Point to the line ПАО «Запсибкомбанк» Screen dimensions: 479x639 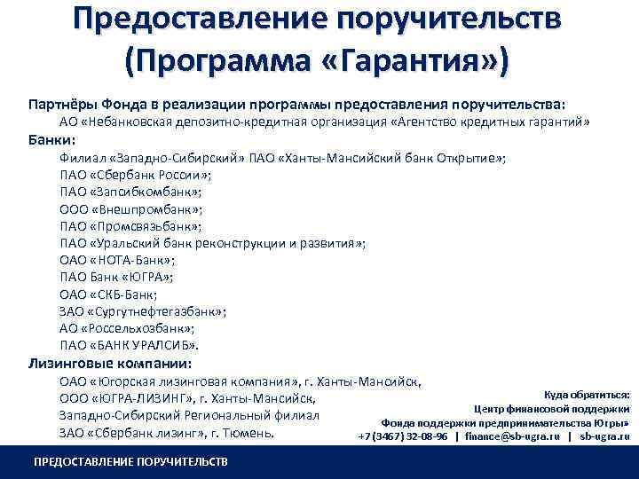(x=130, y=192)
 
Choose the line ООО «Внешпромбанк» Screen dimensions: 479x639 (x=131, y=209)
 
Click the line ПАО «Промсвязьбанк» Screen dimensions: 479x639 (x=131, y=226)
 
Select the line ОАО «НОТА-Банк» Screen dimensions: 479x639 (x=117, y=261)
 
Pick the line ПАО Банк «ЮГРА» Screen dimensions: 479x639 (x=116, y=277)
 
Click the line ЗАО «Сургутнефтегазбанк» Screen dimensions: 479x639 (x=143, y=311)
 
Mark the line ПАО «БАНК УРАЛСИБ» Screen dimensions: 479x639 (x=130, y=345)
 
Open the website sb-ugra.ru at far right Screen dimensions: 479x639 (x=604, y=436)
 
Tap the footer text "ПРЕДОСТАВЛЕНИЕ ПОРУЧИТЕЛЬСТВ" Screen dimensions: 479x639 (x=130, y=462)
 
